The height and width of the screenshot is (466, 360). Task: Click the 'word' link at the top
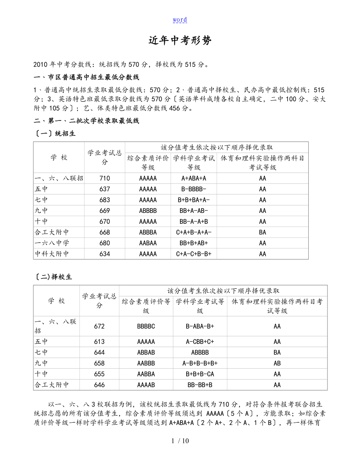(180, 20)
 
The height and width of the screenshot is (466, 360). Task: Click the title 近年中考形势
(180, 41)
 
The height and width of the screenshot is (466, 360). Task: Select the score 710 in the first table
(104, 178)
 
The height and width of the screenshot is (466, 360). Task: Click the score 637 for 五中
(104, 189)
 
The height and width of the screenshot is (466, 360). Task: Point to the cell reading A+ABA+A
(194, 178)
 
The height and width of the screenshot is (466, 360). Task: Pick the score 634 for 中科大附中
(104, 254)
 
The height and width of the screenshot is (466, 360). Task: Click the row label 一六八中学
(52, 243)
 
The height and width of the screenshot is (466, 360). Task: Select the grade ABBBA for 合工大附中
(148, 232)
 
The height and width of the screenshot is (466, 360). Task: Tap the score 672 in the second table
(99, 326)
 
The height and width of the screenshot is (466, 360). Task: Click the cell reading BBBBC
(146, 326)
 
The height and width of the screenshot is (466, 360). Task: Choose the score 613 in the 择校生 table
(99, 342)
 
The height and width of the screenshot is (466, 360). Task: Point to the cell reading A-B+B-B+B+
(200, 363)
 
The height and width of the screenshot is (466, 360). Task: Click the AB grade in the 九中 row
(277, 363)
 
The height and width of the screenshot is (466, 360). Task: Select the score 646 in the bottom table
(99, 385)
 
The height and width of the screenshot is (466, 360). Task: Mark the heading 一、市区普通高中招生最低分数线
(86, 77)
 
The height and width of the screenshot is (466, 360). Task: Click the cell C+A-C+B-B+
(194, 254)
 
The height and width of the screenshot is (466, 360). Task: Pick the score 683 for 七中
(104, 200)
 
